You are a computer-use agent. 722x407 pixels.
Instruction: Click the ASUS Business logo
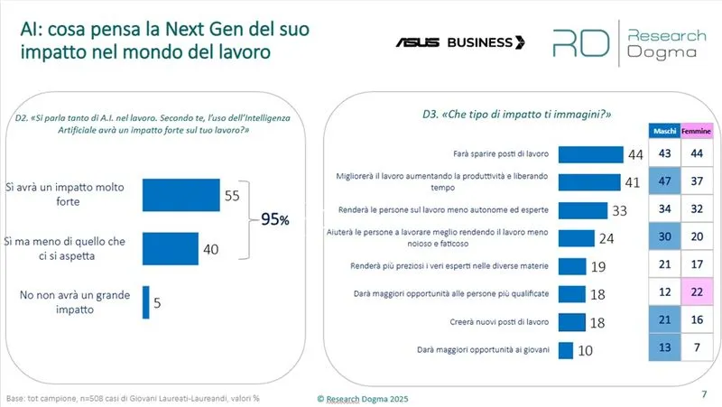(459, 42)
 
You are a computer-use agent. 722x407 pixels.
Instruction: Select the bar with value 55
(181, 195)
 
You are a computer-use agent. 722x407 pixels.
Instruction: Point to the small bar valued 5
(146, 301)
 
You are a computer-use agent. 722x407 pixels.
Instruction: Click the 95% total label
(275, 219)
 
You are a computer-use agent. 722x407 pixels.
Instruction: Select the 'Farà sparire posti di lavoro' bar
(591, 154)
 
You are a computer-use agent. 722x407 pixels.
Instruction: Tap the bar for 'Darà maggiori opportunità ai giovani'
(567, 349)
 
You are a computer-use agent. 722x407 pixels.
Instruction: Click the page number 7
(704, 394)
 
